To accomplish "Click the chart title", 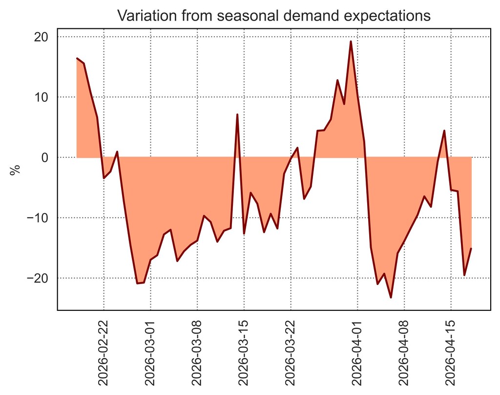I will tap(274, 16).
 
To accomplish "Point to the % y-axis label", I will tap(16, 170).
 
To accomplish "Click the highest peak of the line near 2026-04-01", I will tap(351, 42).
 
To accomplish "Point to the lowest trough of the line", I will tap(391, 297).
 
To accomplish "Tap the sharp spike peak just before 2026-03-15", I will tap(237, 114).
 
